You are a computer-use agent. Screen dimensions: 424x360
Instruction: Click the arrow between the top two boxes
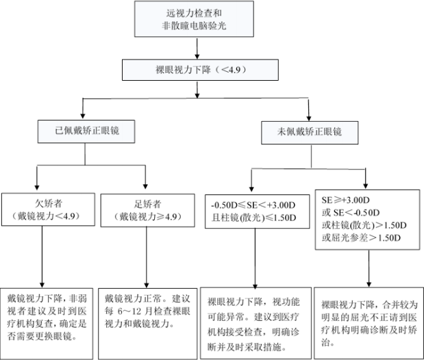pos(197,49)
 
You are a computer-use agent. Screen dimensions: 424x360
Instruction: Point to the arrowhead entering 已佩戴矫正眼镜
pos(83,116)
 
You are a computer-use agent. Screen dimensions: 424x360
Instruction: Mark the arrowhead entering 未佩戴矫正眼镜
pos(309,117)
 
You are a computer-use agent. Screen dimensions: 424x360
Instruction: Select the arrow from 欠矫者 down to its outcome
pos(42,257)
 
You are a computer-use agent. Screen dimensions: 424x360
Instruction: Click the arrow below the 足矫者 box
pos(147,257)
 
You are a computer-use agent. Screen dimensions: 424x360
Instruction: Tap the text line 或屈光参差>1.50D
pos(361,238)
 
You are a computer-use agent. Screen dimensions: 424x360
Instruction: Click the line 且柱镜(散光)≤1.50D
pos(254,218)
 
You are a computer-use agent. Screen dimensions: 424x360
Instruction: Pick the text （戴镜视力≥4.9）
pos(148,216)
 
